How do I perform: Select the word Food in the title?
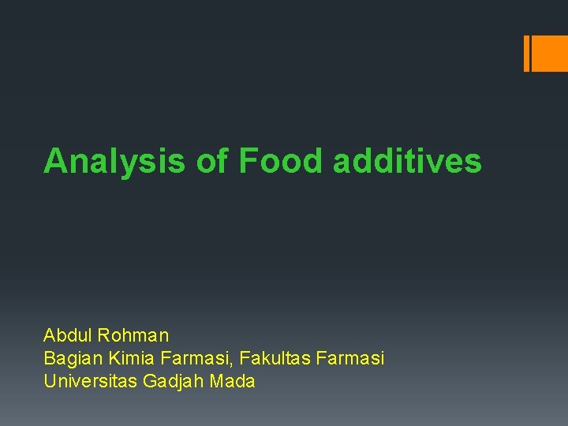280,161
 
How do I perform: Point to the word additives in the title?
407,161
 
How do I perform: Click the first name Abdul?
68,335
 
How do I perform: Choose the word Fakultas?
275,359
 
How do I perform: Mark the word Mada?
234,382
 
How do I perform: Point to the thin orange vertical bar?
526,54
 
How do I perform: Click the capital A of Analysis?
54,161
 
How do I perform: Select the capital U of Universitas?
50,382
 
